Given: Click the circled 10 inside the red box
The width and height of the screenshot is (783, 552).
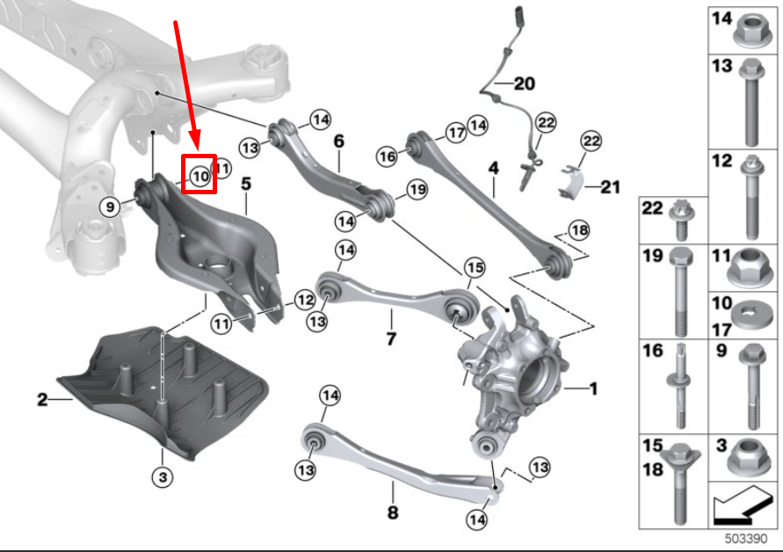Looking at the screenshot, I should [x=200, y=176].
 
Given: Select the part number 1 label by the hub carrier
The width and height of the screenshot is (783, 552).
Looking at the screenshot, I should [x=593, y=388].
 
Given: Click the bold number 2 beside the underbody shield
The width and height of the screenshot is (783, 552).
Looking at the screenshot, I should [x=42, y=400].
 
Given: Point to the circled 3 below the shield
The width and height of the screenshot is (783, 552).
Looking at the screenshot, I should [x=162, y=477].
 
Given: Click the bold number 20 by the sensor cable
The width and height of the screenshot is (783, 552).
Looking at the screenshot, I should [x=524, y=84].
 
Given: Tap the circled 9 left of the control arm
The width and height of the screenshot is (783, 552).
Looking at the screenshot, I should [x=109, y=207].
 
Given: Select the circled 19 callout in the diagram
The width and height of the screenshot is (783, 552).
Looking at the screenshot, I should [x=416, y=189].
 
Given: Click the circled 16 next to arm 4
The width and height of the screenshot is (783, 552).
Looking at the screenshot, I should [x=388, y=156].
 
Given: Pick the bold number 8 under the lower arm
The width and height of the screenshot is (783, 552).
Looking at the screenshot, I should [x=393, y=512].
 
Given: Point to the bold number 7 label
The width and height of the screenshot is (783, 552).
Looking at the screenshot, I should [x=391, y=338].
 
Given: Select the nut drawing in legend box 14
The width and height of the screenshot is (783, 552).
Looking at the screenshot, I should [x=752, y=31].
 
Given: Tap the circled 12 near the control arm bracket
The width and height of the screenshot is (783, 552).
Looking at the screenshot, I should [x=302, y=299].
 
